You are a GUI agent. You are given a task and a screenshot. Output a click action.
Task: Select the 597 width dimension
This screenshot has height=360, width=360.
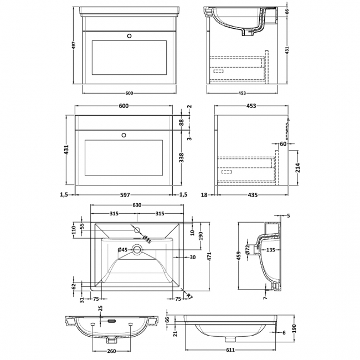click(124, 194)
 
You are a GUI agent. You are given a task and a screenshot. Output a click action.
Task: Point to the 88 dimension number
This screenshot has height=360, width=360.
click(182, 122)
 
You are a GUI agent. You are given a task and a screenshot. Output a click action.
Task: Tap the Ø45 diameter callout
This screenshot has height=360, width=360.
click(122, 250)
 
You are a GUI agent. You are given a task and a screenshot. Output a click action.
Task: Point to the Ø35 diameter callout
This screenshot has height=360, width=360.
click(147, 239)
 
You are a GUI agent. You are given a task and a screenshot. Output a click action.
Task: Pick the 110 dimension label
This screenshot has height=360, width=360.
click(74, 230)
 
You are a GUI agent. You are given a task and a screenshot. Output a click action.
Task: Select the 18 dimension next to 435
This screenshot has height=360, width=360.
click(204, 194)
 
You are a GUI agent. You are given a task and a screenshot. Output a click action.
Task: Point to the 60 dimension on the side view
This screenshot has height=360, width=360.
click(282, 145)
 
